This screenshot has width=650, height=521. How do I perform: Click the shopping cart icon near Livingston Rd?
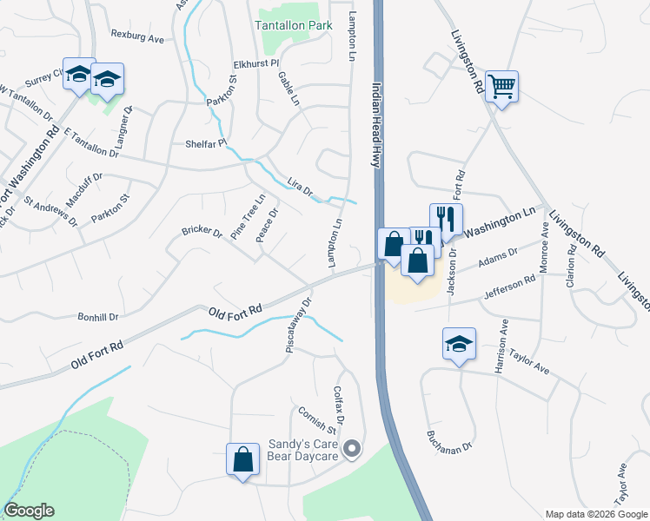(501, 87)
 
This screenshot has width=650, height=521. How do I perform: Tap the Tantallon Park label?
(294, 26)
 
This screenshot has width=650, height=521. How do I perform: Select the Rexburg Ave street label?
(137, 38)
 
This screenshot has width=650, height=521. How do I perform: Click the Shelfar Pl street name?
(205, 143)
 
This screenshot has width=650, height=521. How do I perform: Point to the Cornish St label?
(316, 419)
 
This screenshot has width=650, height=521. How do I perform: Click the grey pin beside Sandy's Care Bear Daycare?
(352, 449)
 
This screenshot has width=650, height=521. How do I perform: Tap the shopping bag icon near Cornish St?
(243, 458)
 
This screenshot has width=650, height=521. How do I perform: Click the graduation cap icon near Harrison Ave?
(459, 344)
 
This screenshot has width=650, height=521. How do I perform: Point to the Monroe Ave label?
(546, 247)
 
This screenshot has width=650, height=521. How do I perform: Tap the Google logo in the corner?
(29, 511)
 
